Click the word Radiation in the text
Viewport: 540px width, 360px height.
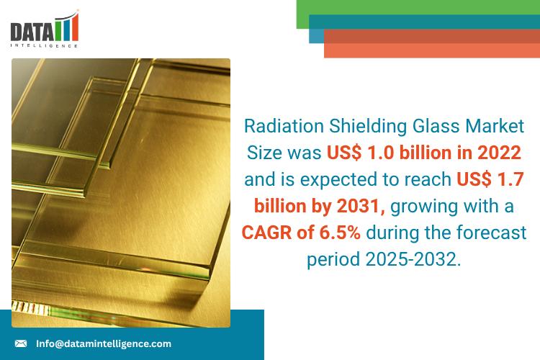(x=282, y=127)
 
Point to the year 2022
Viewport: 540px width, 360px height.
(x=493, y=153)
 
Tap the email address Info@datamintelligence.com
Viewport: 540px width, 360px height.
(x=104, y=343)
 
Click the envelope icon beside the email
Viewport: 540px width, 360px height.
(x=21, y=343)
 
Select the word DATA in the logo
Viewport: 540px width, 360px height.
(x=31, y=31)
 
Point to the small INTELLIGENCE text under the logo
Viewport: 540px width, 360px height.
(x=43, y=46)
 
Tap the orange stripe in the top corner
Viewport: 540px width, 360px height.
(x=432, y=49)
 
